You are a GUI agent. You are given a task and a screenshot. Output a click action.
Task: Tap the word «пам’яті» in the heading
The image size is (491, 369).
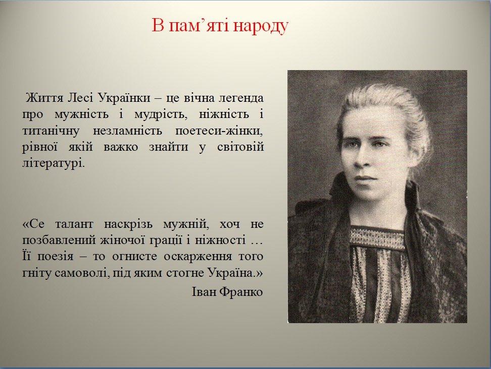199,26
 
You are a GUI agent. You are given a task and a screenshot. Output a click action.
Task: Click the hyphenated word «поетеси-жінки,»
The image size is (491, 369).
219,131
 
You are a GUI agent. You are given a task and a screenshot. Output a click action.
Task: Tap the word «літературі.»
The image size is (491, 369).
54,163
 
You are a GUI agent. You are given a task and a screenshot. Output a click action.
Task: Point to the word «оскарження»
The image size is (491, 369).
198,257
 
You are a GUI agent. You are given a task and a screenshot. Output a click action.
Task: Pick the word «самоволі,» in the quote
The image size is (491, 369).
82,273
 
